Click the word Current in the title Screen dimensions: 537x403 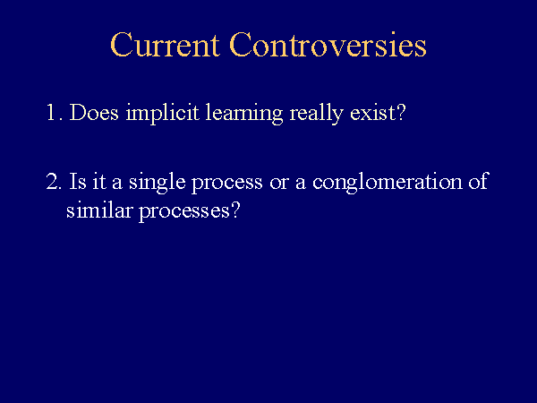pyautogui.click(x=165, y=45)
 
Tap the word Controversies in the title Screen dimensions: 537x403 pyautogui.click(x=328, y=45)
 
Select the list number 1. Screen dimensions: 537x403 pyautogui.click(x=54, y=112)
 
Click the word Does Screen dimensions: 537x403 pyautogui.click(x=94, y=112)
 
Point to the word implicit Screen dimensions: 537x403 pyautogui.click(x=162, y=113)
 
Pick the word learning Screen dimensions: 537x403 pyautogui.click(x=243, y=113)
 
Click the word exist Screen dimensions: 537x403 pyautogui.click(x=372, y=112)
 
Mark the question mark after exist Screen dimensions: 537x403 pyautogui.click(x=401, y=112)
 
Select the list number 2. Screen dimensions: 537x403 pyautogui.click(x=54, y=181)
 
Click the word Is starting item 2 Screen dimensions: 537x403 pyautogui.click(x=78, y=181)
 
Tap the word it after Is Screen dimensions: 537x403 pyautogui.click(x=99, y=182)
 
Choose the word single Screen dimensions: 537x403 pyautogui.click(x=158, y=183)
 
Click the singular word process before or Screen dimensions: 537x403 pyautogui.click(x=227, y=184)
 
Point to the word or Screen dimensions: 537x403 pyautogui.click(x=279, y=184)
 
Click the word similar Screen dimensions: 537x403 pyautogui.click(x=99, y=210)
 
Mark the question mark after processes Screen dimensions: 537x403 pyautogui.click(x=235, y=210)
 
